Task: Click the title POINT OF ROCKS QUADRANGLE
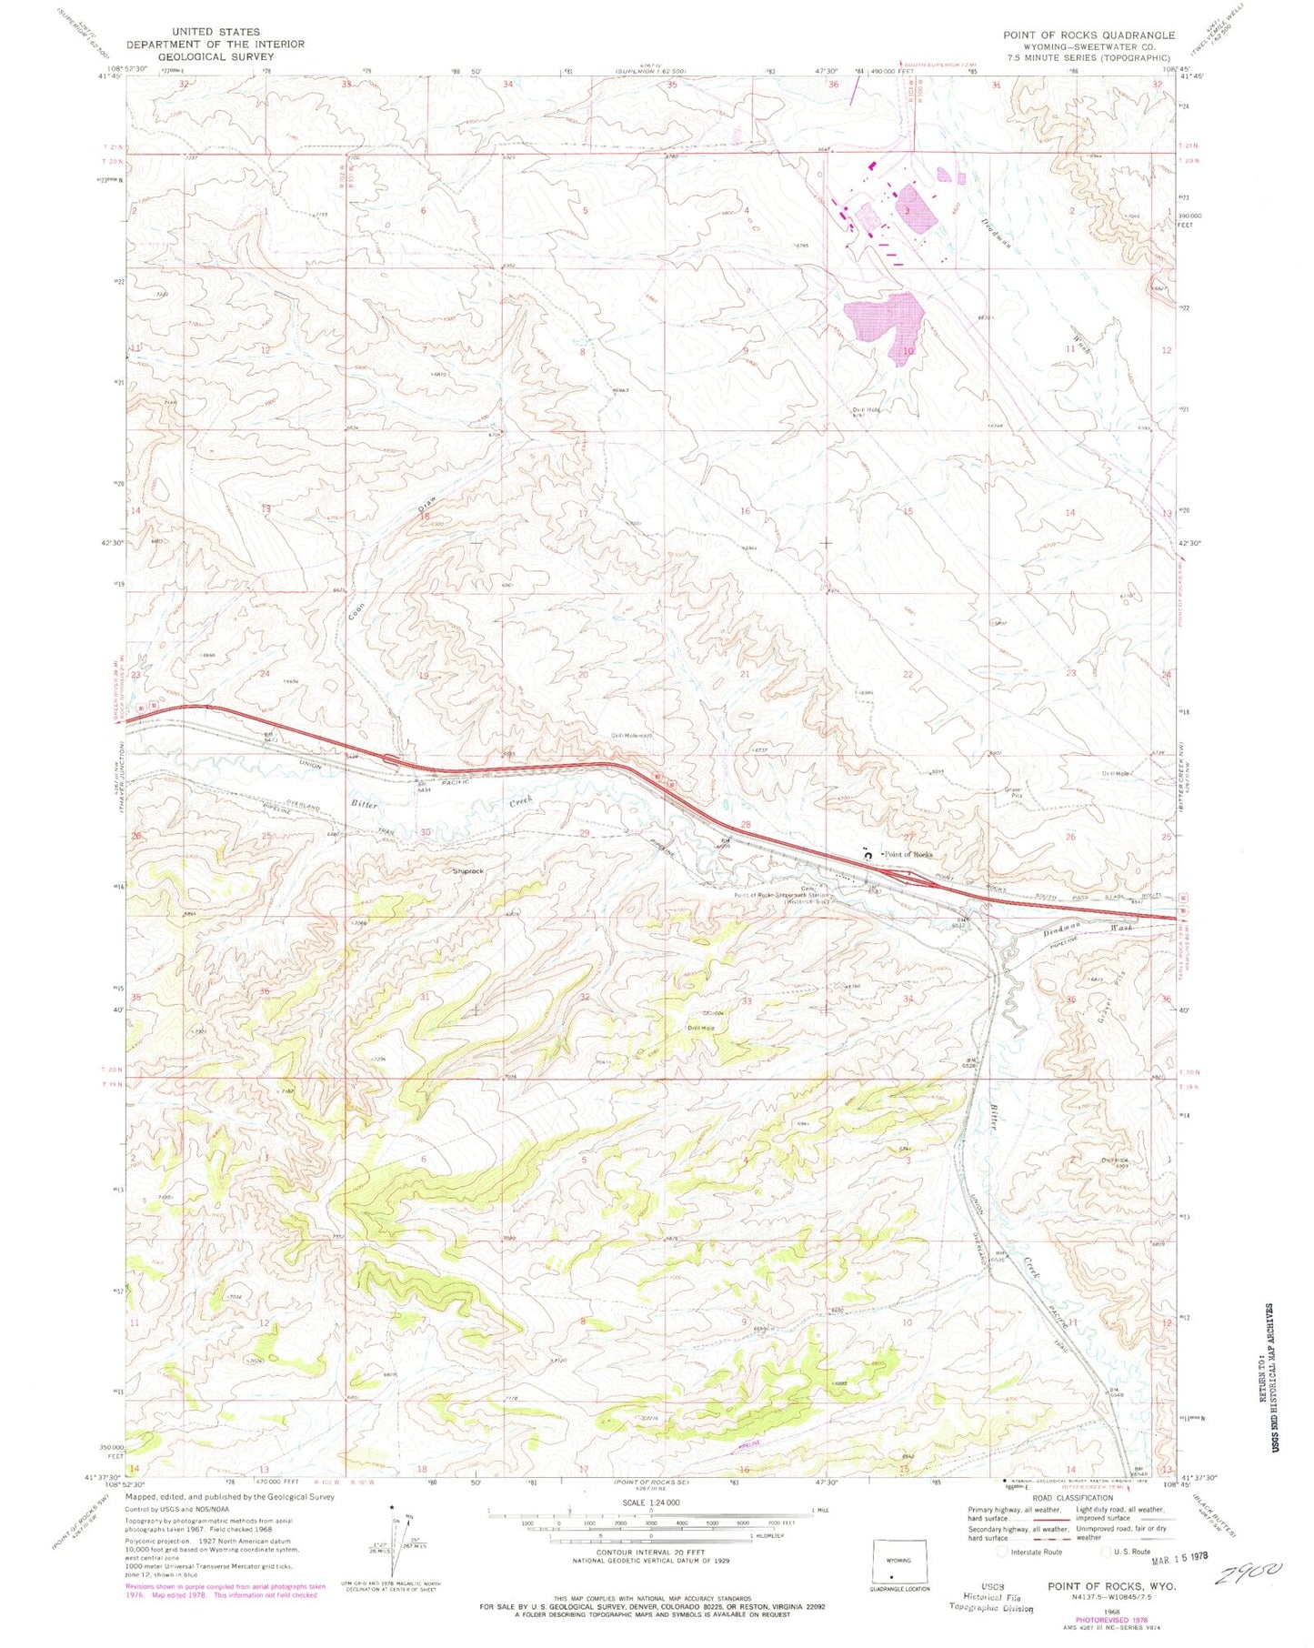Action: tap(1088, 35)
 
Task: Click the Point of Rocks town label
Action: tap(908, 854)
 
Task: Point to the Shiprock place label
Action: tap(468, 870)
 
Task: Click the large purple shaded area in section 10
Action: tap(884, 323)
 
